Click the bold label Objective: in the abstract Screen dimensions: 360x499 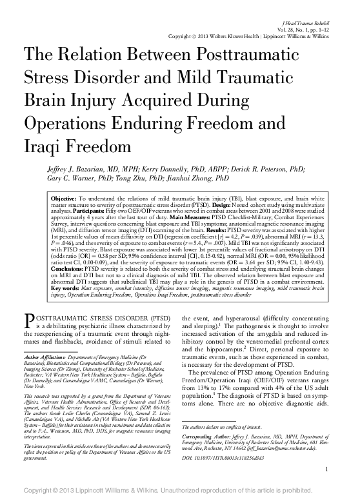tap(65, 194)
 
